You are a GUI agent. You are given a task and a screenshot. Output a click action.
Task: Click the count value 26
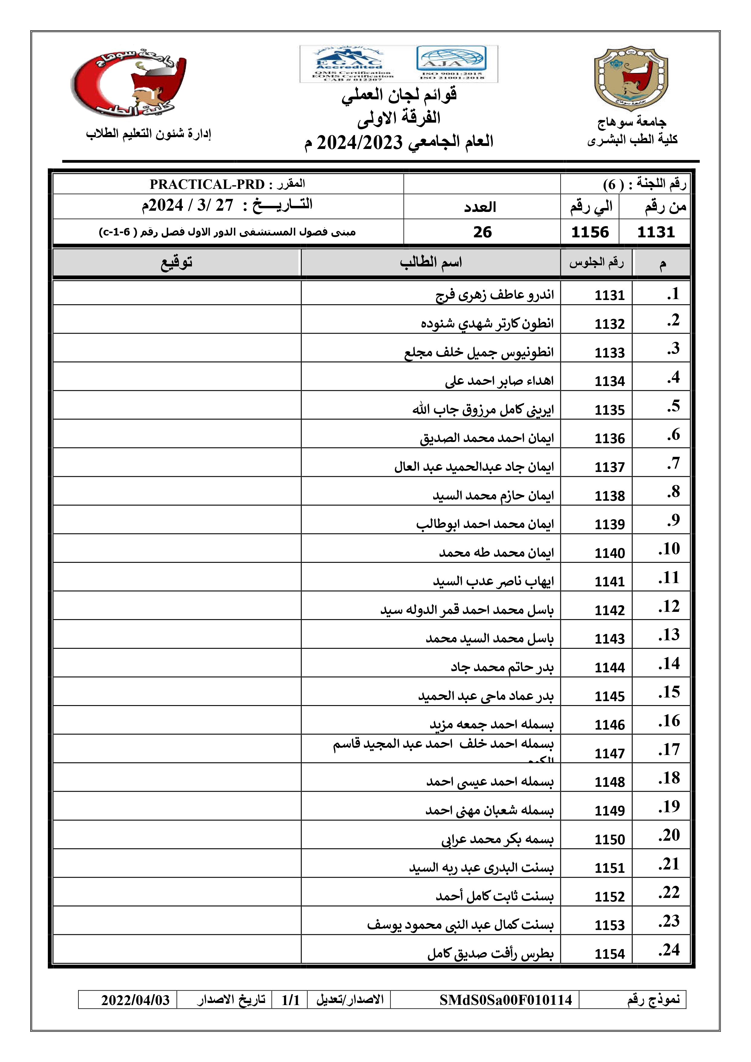[482, 232]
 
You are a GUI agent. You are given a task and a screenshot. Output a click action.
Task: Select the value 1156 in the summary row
[590, 232]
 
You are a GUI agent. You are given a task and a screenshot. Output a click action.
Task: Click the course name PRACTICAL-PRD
[207, 185]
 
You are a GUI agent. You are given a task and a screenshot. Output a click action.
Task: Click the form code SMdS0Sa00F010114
[506, 1000]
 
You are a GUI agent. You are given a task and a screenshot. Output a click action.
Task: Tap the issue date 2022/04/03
[136, 1000]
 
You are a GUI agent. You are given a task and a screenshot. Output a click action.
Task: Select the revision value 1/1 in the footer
[290, 1000]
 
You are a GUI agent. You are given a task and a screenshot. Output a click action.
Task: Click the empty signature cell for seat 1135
[177, 405]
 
